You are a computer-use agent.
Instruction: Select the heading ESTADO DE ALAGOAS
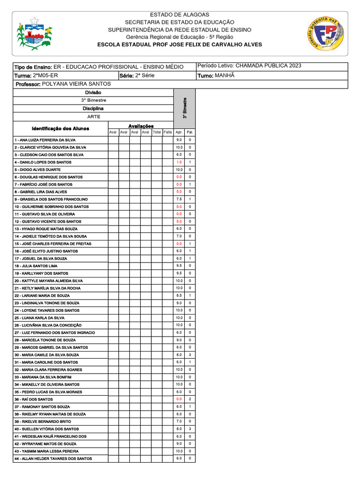[x=180, y=15]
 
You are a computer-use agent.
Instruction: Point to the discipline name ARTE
[x=93, y=116]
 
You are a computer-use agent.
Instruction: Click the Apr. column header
[x=179, y=132]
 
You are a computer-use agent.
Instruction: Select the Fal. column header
[x=190, y=132]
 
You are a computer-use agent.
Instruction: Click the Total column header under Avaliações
[x=157, y=132]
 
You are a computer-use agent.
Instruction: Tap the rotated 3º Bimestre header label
[x=185, y=108]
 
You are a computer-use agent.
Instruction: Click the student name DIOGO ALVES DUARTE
[x=37, y=170]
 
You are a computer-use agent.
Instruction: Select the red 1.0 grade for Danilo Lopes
[x=179, y=162]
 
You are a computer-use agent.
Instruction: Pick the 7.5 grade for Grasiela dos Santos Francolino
[x=179, y=199]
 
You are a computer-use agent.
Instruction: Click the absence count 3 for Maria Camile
[x=190, y=355]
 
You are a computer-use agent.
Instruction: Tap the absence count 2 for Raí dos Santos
[x=190, y=399]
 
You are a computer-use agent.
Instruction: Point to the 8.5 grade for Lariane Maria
[x=179, y=295]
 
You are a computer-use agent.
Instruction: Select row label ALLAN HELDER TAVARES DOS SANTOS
[x=53, y=458]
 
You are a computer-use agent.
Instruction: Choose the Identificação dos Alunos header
[x=60, y=128]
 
